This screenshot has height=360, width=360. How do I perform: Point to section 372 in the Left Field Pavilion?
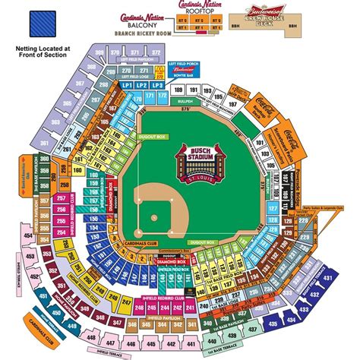[x=156, y=52]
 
